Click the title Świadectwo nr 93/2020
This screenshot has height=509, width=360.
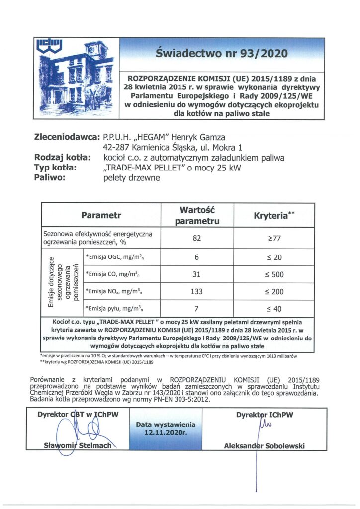click(x=221, y=53)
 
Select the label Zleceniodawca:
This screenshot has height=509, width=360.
click(x=66, y=137)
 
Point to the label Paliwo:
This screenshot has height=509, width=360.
click(x=50, y=178)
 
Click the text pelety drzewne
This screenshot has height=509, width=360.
click(x=131, y=178)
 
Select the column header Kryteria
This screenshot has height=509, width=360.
click(x=274, y=215)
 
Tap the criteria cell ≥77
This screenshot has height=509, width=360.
click(x=274, y=238)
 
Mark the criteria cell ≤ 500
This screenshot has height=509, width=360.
click(x=274, y=274)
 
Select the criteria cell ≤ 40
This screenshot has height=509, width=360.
click(x=274, y=309)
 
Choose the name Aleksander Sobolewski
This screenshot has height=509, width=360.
click(x=264, y=446)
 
